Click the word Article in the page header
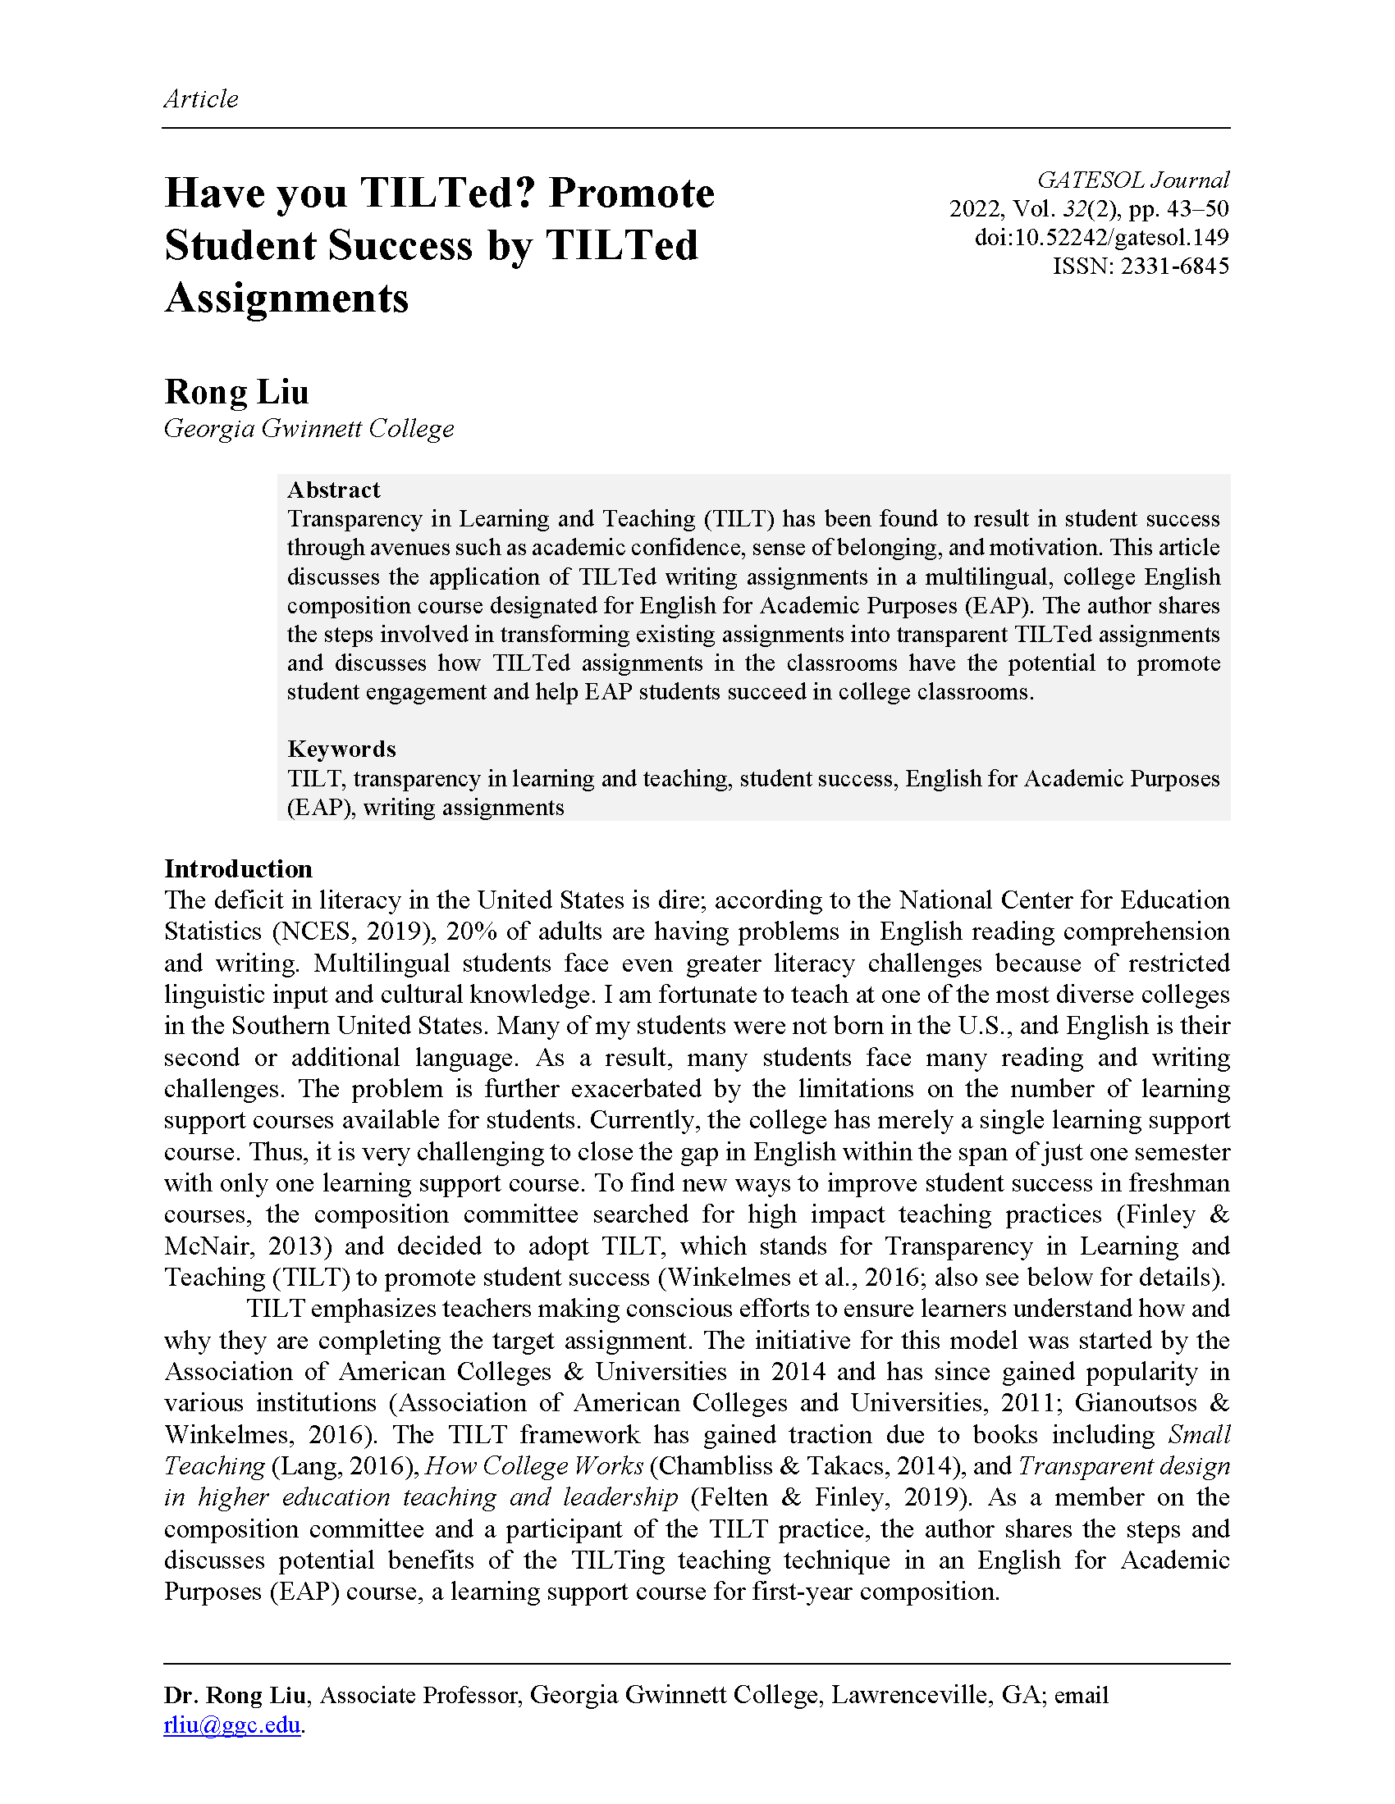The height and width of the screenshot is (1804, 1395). [201, 99]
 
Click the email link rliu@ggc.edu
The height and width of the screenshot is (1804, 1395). [231, 1724]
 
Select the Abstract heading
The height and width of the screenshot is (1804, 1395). [333, 490]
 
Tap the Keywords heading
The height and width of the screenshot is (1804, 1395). [341, 749]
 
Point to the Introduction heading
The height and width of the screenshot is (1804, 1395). [238, 868]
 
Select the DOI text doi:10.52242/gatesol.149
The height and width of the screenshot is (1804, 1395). [1101, 237]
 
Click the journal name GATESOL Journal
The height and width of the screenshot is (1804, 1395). [1133, 180]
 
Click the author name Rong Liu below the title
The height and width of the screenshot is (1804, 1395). [236, 391]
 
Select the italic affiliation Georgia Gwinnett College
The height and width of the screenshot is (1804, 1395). [309, 428]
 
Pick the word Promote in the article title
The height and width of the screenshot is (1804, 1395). [631, 193]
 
